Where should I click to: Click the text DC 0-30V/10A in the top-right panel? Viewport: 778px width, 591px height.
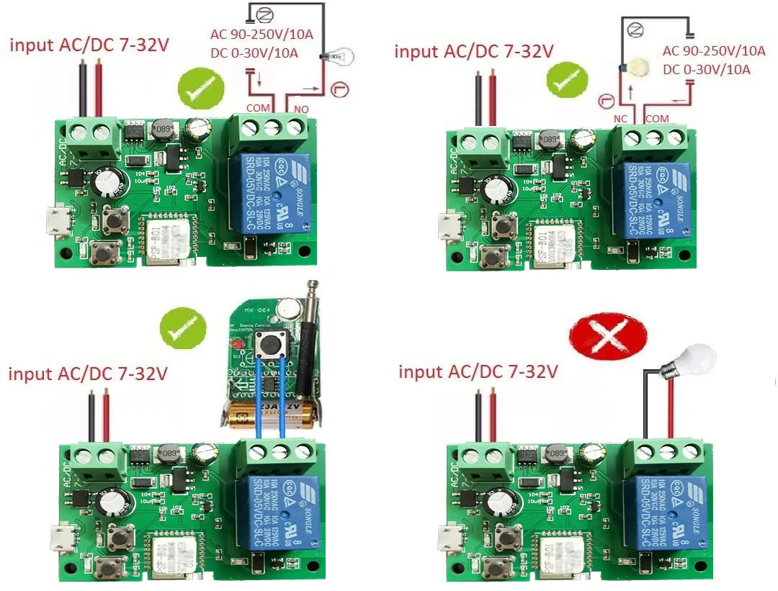[x=706, y=70]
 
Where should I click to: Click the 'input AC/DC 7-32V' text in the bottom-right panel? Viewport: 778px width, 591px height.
[x=478, y=372]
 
